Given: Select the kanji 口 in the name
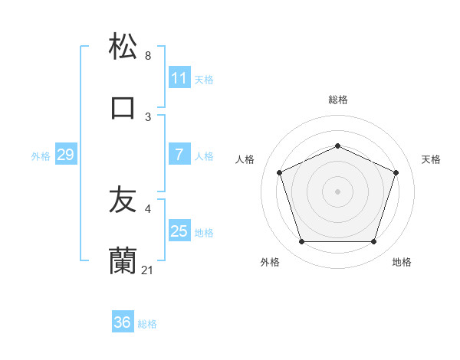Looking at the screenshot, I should [x=123, y=107].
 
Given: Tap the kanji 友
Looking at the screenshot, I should [x=123, y=201].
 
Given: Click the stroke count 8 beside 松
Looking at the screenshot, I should [x=148, y=56].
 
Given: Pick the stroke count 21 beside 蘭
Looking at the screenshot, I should [x=148, y=270].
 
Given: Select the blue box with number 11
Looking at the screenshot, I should [x=179, y=78].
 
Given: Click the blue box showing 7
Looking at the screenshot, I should [x=179, y=155].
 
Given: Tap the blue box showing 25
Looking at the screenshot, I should [x=179, y=231].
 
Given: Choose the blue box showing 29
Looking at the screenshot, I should [x=65, y=155].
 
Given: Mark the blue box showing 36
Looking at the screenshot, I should [x=123, y=322].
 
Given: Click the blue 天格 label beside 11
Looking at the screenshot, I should [x=204, y=79].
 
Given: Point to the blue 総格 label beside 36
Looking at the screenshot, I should [x=147, y=324].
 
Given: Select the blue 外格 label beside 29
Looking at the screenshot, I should [x=41, y=156].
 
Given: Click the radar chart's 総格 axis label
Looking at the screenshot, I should [x=337, y=100].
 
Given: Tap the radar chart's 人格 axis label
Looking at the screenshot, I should [x=245, y=159].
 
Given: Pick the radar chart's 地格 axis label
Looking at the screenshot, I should [x=402, y=262].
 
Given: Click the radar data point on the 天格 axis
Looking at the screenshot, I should [x=396, y=172].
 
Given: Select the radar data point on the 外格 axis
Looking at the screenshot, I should [x=301, y=242].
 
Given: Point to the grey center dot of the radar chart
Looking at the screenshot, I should [x=337, y=191].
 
